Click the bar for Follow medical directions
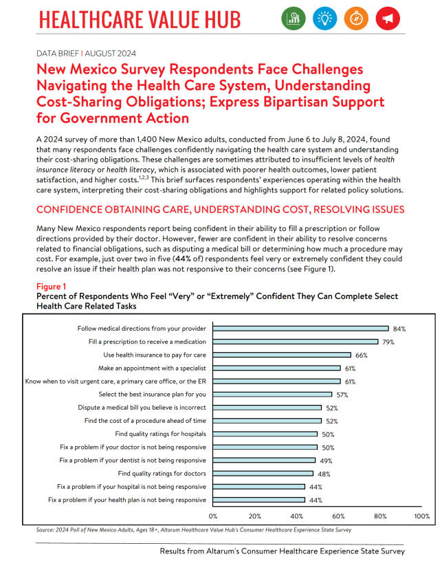pyautogui.click(x=300, y=329)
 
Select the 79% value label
pyautogui.click(x=389, y=342)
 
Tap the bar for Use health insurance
pyautogui.click(x=282, y=355)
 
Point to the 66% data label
pyautogui.click(x=362, y=355)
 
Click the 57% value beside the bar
pyautogui.click(x=342, y=395)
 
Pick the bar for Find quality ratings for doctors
pyautogui.click(x=263, y=474)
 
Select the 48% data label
pyautogui.click(x=324, y=474)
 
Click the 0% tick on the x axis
pyautogui.click(x=213, y=516)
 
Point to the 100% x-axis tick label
pyautogui.click(x=421, y=516)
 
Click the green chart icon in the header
pyautogui.click(x=293, y=19)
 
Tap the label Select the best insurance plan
pyautogui.click(x=152, y=395)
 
